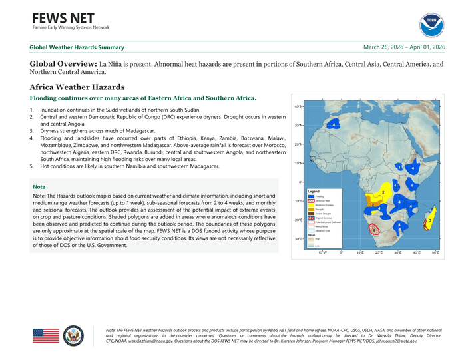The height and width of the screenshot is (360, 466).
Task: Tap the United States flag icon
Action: click(x=46, y=335)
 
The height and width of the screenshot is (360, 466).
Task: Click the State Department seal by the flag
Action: click(x=73, y=335)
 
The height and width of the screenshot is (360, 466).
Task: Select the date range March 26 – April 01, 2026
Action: click(x=404, y=47)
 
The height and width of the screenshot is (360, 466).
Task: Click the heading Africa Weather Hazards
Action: click(x=77, y=87)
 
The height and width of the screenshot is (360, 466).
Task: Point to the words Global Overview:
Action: click(x=63, y=64)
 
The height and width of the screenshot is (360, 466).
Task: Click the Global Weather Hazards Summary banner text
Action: click(x=77, y=47)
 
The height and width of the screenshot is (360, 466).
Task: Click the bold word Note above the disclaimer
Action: click(x=39, y=187)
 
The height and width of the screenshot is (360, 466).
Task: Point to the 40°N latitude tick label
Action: click(x=299, y=106)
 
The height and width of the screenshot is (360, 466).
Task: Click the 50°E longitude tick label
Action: click(x=435, y=252)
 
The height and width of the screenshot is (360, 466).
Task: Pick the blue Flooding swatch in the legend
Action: click(x=311, y=197)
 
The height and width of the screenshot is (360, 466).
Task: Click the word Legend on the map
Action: click(x=314, y=192)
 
